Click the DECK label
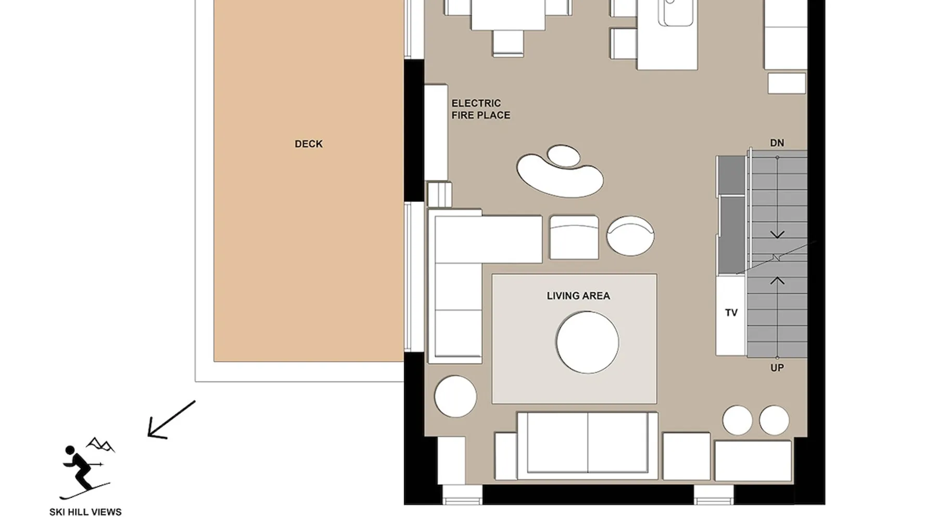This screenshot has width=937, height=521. click(308, 144)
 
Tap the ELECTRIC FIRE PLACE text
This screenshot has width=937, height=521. click(480, 109)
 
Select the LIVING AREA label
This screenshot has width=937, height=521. click(578, 296)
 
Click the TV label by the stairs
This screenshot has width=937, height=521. click(731, 313)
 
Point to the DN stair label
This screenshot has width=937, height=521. click(777, 143)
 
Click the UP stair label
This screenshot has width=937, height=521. click(777, 368)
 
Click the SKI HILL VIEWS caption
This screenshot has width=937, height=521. click(85, 512)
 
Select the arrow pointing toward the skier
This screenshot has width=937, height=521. click(171, 419)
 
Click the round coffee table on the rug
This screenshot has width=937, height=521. click(587, 342)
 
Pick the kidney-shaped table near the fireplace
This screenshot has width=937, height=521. click(560, 172)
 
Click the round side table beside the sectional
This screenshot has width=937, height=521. click(455, 396)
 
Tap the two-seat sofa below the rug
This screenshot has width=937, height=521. click(588, 445)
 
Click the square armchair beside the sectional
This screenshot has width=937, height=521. click(574, 238)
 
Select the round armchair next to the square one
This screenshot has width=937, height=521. click(630, 236)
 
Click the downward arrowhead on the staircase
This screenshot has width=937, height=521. click(777, 235)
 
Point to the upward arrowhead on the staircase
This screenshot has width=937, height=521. click(777, 280)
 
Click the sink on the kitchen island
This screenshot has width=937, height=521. click(675, 11)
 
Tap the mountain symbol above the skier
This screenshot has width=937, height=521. click(100, 444)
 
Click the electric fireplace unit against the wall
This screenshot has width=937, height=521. click(436, 132)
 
